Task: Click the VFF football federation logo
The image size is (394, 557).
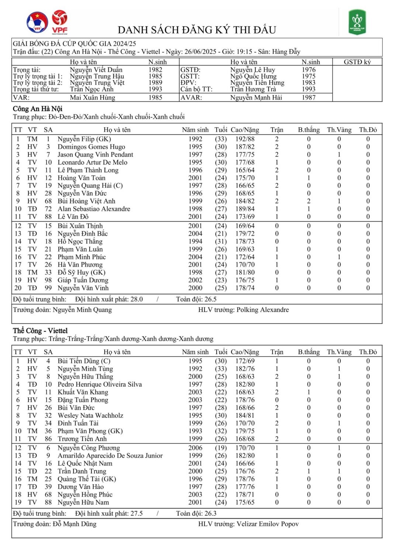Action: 37,22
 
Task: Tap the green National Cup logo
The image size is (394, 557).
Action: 357,22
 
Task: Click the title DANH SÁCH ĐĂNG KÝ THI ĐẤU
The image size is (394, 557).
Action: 197,30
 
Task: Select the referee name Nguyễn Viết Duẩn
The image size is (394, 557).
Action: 96,70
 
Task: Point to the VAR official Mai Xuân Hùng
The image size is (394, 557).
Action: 92,98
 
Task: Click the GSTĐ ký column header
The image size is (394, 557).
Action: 357,62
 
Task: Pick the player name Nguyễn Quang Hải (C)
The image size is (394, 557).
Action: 90,185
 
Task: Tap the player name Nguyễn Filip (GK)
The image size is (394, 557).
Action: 84,139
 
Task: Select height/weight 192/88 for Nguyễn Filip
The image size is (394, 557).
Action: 245,139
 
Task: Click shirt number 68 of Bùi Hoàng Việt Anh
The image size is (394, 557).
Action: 48,201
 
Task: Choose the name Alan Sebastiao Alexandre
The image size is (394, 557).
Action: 94,209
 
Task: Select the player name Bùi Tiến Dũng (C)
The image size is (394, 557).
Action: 84,361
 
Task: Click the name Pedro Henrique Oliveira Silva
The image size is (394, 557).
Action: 100,384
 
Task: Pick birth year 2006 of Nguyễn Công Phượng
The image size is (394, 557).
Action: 195,448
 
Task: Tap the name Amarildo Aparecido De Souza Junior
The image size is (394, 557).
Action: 110,456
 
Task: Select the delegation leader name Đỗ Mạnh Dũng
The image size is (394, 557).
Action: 75,524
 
